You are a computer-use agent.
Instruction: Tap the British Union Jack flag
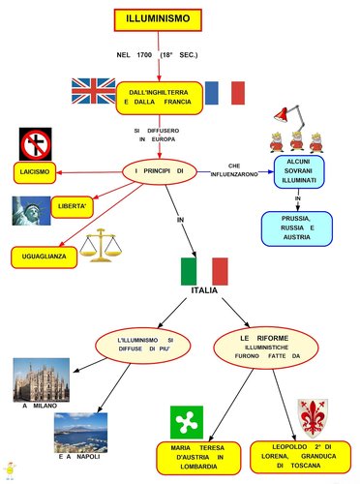click(93, 91)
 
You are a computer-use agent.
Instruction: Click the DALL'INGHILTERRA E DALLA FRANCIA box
click(159, 95)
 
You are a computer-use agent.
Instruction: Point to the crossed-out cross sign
click(35, 144)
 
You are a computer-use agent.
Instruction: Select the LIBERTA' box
click(73, 207)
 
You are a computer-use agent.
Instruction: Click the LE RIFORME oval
click(263, 346)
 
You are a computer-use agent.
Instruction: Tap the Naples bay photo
click(80, 431)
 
